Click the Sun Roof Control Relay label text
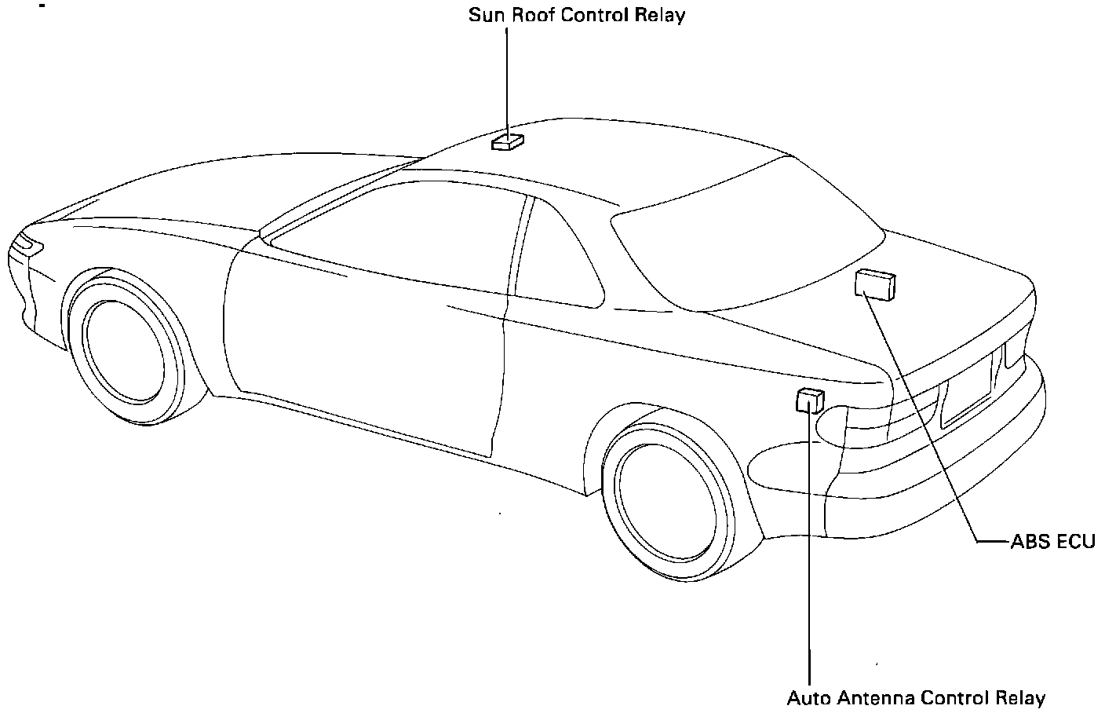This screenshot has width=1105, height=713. (577, 15)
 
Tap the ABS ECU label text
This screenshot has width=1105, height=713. (1052, 541)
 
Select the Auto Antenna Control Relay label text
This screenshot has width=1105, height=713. (916, 698)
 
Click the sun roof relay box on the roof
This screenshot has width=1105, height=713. (507, 142)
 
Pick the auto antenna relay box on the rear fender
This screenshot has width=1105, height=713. (810, 400)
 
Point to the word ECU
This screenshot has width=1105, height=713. (1075, 541)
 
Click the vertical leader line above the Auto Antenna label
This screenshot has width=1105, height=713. (808, 550)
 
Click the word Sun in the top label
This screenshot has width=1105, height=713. (485, 15)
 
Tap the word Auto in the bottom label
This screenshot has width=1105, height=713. (808, 698)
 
